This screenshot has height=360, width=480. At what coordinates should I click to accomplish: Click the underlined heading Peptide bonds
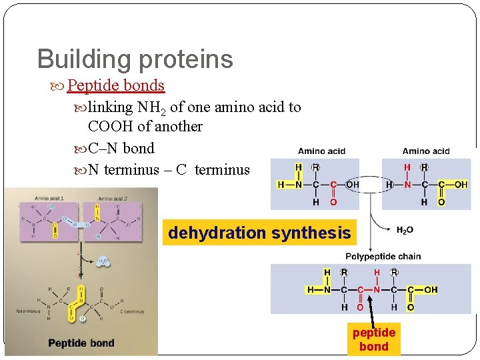pyautogui.click(x=115, y=85)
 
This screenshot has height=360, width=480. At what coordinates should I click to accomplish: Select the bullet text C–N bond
pyautogui.click(x=121, y=148)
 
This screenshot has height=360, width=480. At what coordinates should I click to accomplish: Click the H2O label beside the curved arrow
pyautogui.click(x=405, y=231)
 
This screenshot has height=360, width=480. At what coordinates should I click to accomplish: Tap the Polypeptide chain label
pyautogui.click(x=383, y=257)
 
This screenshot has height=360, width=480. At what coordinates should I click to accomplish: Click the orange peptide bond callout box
pyautogui.click(x=373, y=339)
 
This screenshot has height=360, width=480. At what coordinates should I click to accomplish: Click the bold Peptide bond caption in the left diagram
pyautogui.click(x=81, y=343)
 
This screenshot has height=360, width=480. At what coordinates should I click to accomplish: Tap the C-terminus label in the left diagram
pyautogui.click(x=131, y=311)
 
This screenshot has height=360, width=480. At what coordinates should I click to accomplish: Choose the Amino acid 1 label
pyautogui.click(x=49, y=199)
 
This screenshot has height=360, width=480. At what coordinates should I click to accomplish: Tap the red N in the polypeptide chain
pyautogui.click(x=377, y=290)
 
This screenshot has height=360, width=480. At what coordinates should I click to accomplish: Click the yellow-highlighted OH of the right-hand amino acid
pyautogui.click(x=461, y=185)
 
